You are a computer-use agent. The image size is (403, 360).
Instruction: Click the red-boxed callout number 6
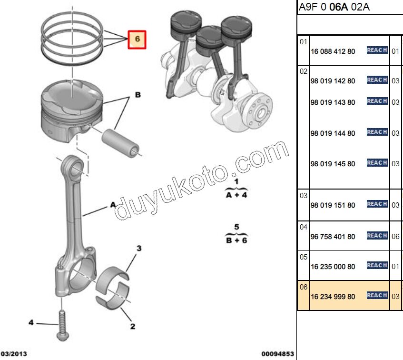click(x=137, y=40)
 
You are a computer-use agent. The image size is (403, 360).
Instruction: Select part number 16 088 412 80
click(x=333, y=51)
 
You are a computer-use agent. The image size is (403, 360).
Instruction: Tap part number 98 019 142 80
click(x=333, y=81)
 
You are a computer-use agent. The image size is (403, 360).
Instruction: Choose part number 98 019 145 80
click(x=333, y=164)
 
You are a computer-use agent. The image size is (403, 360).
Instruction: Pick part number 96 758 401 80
click(x=333, y=237)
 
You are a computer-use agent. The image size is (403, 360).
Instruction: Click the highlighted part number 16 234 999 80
click(x=333, y=297)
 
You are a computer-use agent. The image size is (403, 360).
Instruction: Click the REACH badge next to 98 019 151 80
click(x=377, y=204)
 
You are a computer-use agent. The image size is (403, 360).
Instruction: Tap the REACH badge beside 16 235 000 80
click(x=377, y=266)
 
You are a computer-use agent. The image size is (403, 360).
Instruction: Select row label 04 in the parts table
click(x=304, y=227)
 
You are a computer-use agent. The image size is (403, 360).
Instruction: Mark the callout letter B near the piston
click(x=138, y=95)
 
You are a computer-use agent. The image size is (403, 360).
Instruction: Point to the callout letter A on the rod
click(x=113, y=205)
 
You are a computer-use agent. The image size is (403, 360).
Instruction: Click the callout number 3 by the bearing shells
click(x=139, y=249)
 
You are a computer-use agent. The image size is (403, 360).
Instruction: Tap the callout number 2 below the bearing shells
click(x=133, y=326)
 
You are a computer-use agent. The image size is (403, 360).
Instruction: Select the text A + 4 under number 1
click(x=236, y=195)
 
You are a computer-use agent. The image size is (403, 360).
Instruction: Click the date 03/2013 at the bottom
click(x=13, y=354)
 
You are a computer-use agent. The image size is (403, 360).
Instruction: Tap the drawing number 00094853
click(x=278, y=354)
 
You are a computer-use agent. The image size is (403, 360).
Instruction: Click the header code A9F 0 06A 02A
click(x=334, y=7)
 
